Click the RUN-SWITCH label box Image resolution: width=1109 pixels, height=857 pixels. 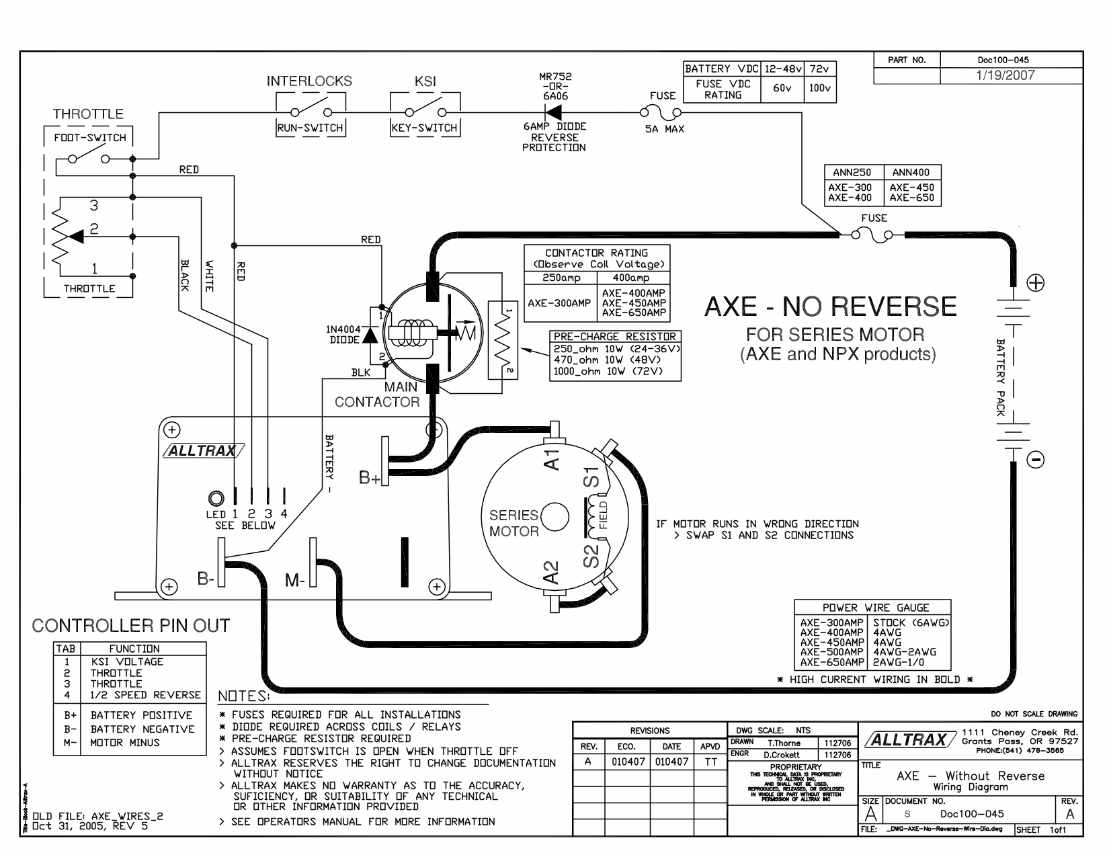[311, 128]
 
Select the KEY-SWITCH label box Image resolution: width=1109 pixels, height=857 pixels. [425, 128]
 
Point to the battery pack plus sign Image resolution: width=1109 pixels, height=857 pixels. [1036, 284]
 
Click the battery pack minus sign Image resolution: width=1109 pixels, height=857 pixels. [1036, 460]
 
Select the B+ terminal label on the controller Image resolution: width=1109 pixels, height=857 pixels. [370, 478]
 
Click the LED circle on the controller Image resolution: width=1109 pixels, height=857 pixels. [216, 499]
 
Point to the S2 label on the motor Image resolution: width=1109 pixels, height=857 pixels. [591, 556]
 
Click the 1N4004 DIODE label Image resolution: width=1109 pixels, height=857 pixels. [344, 334]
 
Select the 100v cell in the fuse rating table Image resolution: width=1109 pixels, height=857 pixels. [820, 89]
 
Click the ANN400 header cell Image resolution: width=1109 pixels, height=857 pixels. [911, 172]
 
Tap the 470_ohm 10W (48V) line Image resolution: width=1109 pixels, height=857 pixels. [615, 360]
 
